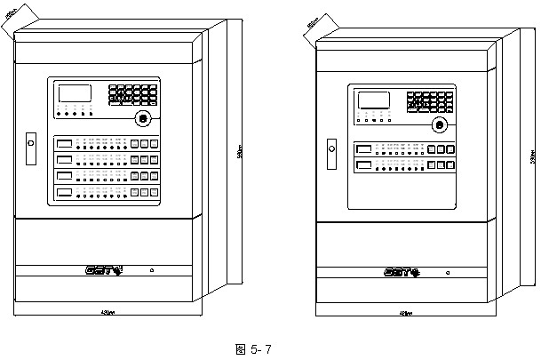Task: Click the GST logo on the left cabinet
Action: [104, 269]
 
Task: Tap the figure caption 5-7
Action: [252, 349]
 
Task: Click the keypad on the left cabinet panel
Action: [133, 93]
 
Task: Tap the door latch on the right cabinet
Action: [332, 148]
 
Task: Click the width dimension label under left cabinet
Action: [106, 312]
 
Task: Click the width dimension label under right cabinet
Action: [404, 313]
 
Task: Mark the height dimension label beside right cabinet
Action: [533, 156]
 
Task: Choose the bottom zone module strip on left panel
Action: [103, 192]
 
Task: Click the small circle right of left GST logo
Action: [151, 269]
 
